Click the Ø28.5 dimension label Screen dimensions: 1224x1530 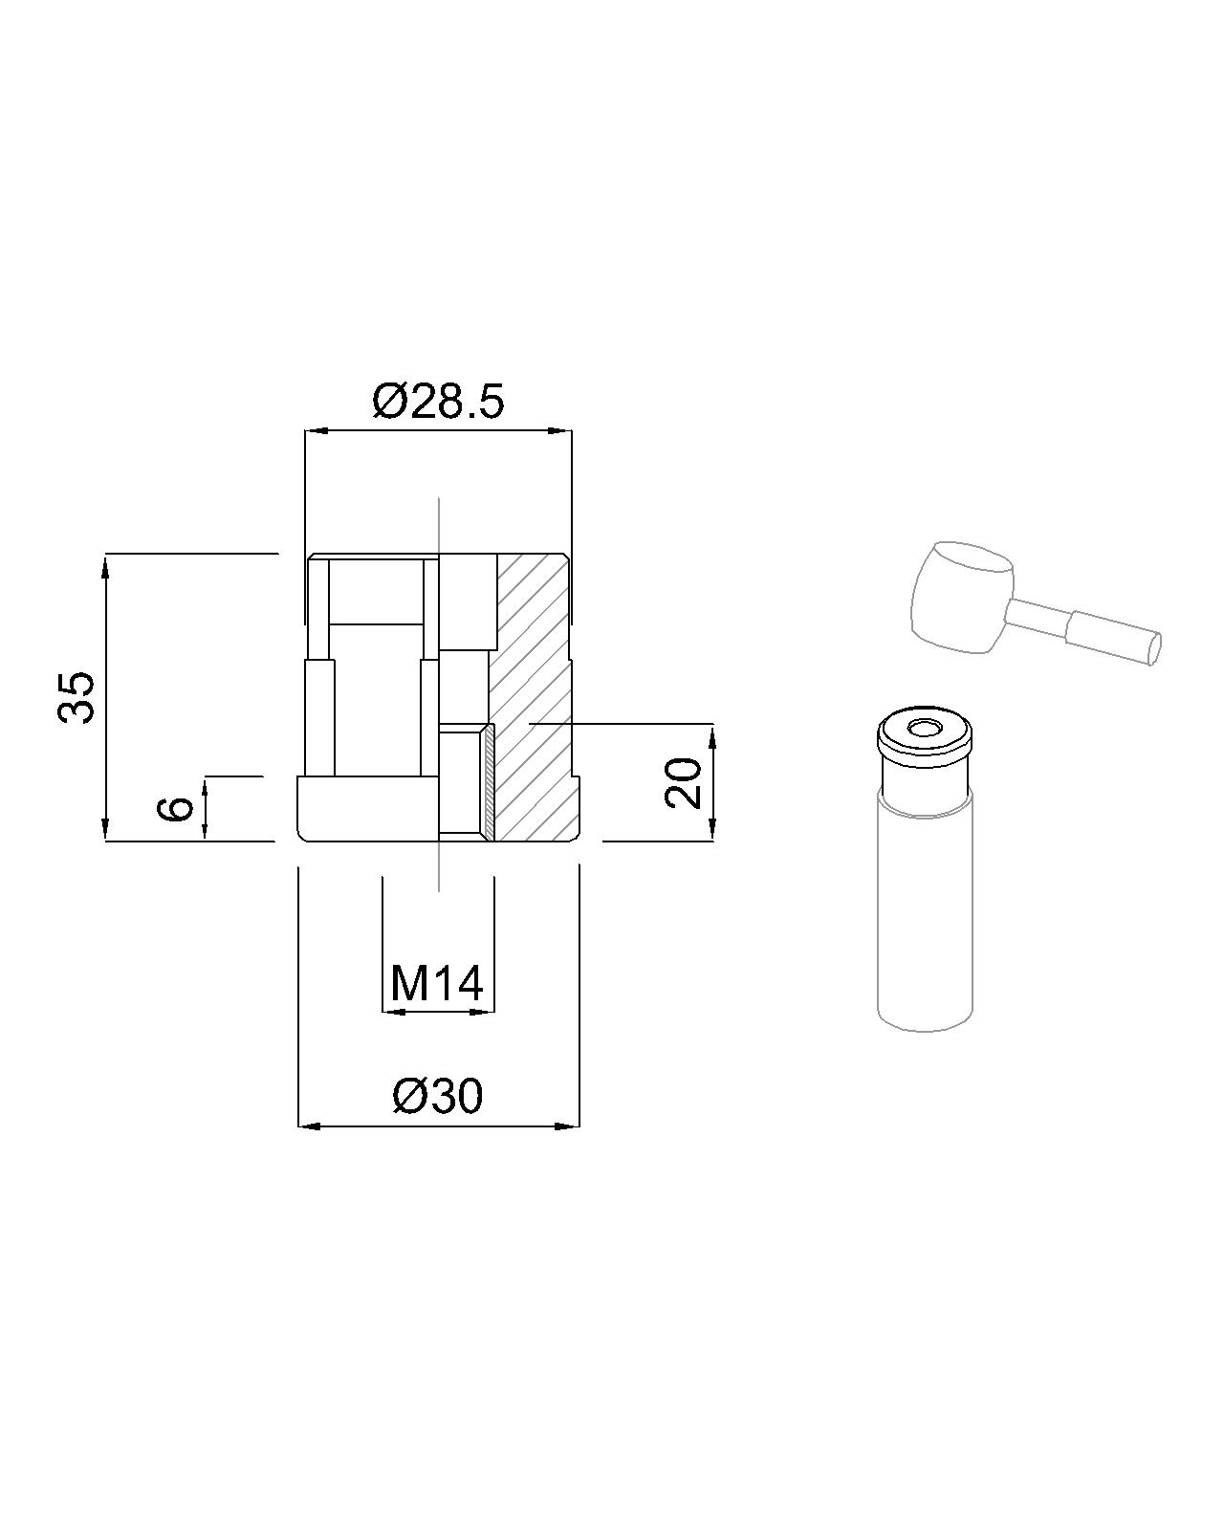437,402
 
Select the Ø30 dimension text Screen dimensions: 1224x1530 437,1096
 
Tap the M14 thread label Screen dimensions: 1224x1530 437,984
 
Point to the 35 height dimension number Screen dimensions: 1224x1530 76,697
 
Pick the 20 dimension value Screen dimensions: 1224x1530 684,783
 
